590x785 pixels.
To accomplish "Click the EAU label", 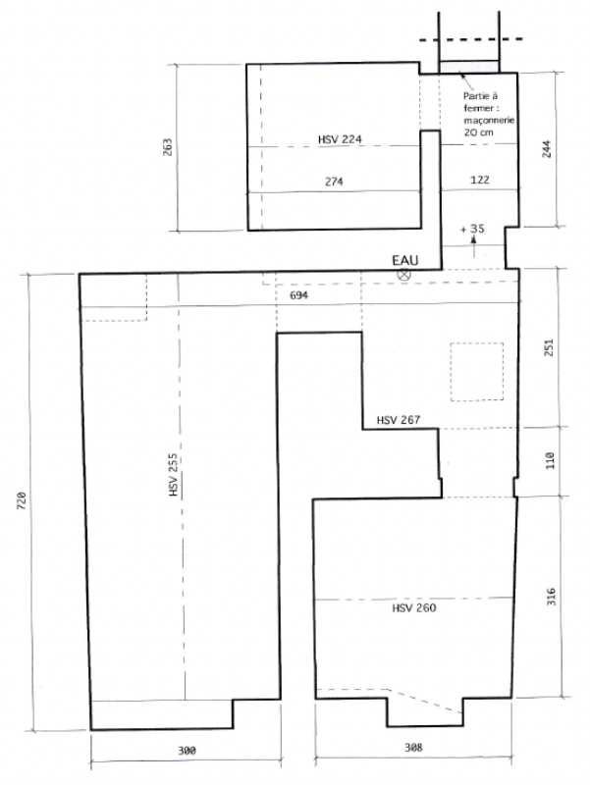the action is [404, 260].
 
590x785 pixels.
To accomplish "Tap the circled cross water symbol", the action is [403, 274].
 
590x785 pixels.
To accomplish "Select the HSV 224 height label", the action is [340, 139].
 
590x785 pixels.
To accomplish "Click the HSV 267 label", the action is [399, 420].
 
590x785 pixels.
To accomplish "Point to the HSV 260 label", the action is [413, 608].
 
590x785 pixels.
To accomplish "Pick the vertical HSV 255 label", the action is [174, 475].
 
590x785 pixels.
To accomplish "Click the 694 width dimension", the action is [299, 295].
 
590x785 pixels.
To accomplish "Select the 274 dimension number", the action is [334, 182].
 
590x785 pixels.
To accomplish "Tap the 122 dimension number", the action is [480, 180].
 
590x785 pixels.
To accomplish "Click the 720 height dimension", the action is [22, 500].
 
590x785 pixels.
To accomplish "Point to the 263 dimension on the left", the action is [167, 146].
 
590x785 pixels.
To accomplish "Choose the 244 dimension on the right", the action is [547, 149].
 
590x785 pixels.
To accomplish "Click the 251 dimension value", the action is [549, 347].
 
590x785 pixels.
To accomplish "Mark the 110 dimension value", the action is [550, 460].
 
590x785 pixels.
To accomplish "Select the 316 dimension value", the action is [551, 597].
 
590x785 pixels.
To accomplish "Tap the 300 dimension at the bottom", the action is [187, 751].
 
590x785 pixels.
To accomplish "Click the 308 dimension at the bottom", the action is [413, 748].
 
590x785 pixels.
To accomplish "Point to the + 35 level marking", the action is [473, 229].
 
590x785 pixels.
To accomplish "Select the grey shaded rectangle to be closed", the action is [469, 67].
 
